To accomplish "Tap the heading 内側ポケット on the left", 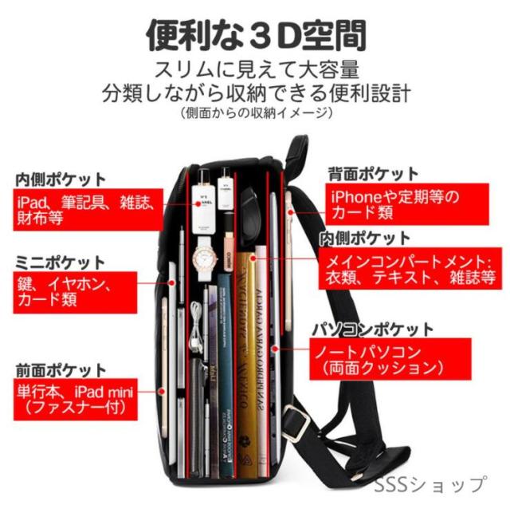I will point(61,179).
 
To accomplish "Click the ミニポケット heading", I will point(60,262).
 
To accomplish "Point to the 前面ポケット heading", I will point(61,370).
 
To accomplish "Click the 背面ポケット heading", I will point(373,173).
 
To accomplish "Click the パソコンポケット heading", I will point(372,329).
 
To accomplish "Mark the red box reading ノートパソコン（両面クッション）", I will point(388,359).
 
